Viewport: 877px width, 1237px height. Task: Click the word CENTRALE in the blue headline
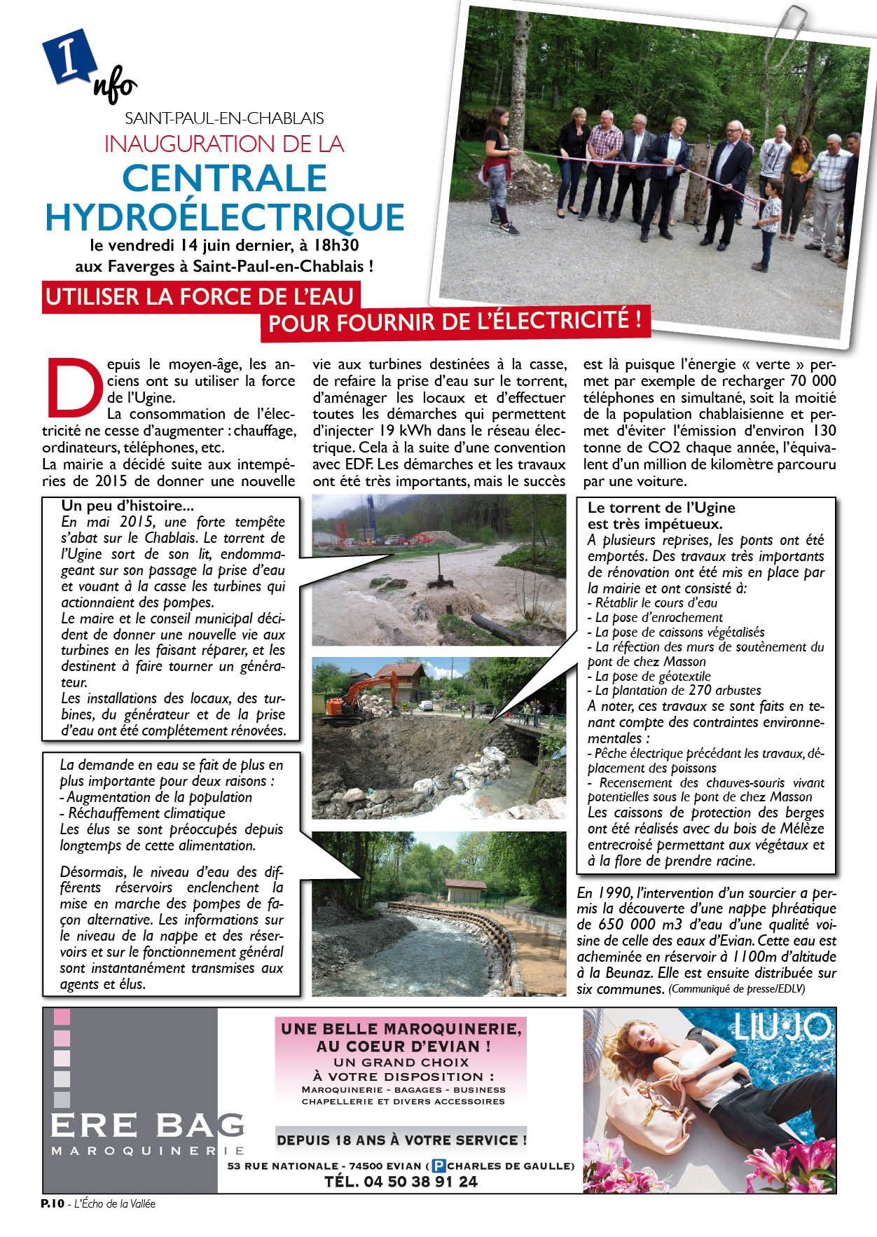(x=225, y=178)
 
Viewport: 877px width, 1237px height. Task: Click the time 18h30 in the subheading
(x=340, y=245)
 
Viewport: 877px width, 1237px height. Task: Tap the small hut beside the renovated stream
(x=465, y=890)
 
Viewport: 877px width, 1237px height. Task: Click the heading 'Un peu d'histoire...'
(x=127, y=506)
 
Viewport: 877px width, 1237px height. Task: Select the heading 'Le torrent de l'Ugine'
(x=661, y=508)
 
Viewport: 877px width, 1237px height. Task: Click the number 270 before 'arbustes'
(x=700, y=690)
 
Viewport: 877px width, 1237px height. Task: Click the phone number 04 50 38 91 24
(x=401, y=1181)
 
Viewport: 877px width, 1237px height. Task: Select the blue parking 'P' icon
(x=438, y=1166)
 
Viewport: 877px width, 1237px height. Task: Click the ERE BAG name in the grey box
(x=147, y=1125)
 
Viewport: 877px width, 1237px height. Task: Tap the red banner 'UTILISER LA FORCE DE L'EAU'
(x=200, y=297)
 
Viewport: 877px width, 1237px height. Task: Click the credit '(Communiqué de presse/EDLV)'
(x=736, y=989)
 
